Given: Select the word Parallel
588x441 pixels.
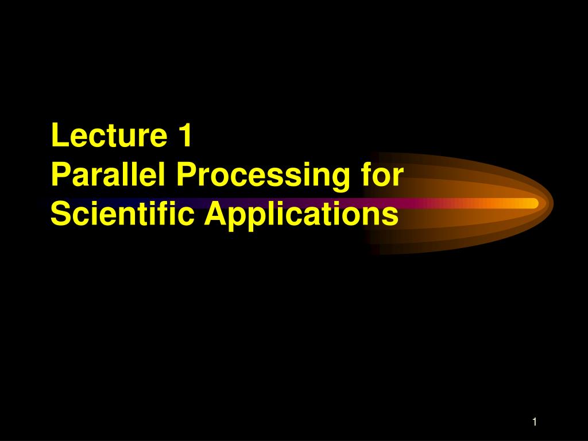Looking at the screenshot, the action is point(108,175).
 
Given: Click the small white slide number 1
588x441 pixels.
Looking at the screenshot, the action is point(535,422).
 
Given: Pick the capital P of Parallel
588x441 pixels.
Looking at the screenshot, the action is point(61,175).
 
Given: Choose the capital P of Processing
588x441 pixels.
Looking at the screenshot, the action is point(186,175).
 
